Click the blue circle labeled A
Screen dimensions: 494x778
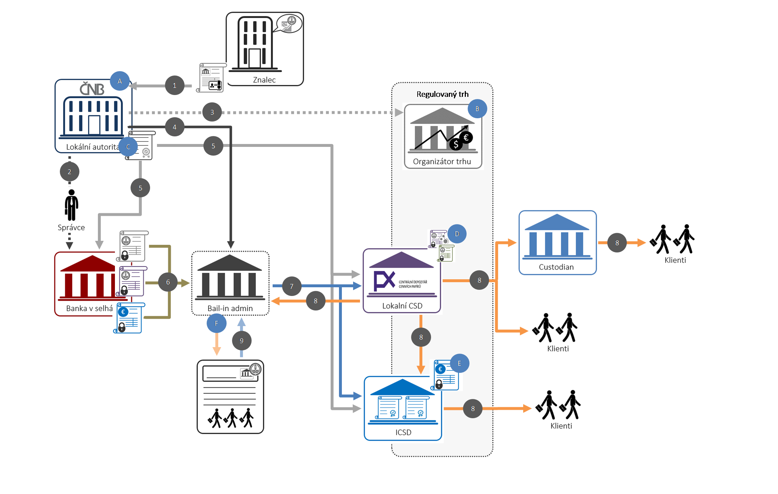[x=120, y=81]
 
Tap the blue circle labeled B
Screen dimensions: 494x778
[x=477, y=109]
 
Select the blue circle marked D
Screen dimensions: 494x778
[x=457, y=234]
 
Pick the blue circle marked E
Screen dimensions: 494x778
[x=459, y=363]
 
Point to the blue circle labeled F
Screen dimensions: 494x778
[x=216, y=323]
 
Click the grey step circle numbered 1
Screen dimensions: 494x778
[x=174, y=86]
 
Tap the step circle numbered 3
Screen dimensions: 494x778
[x=212, y=112]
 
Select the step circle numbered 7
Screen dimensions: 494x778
[x=291, y=286]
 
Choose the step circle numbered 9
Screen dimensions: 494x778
[x=241, y=341]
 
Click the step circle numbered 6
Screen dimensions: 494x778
[x=168, y=282]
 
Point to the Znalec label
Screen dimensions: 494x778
[x=264, y=80]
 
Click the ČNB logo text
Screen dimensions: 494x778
[x=92, y=89]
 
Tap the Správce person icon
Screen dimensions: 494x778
[x=71, y=205]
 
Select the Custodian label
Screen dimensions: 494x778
[x=556, y=267]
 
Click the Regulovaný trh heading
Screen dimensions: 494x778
[x=442, y=94]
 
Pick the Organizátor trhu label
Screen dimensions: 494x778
[x=442, y=162]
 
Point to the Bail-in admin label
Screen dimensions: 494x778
[x=230, y=308]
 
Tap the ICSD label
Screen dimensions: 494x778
[x=403, y=432]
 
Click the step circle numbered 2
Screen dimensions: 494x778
[x=70, y=172]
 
